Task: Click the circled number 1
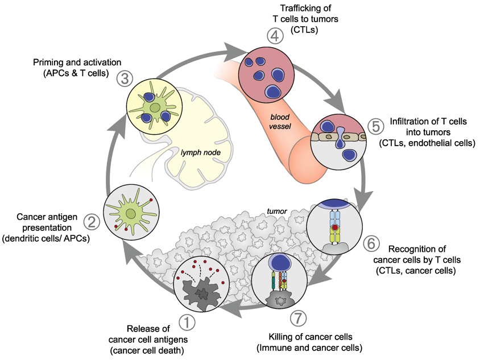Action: (x=187, y=322)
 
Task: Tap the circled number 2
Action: (x=92, y=222)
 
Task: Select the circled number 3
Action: (x=125, y=78)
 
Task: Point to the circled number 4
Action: (x=275, y=36)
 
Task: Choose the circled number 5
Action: (x=376, y=126)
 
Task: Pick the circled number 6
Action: (x=371, y=243)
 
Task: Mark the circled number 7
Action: (x=298, y=318)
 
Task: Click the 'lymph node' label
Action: (x=201, y=152)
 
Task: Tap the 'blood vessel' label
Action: (x=280, y=122)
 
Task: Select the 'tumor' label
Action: (x=277, y=211)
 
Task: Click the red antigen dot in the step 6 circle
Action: (x=335, y=227)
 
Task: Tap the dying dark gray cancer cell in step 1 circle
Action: (x=201, y=293)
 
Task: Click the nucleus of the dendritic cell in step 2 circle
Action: (x=131, y=214)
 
